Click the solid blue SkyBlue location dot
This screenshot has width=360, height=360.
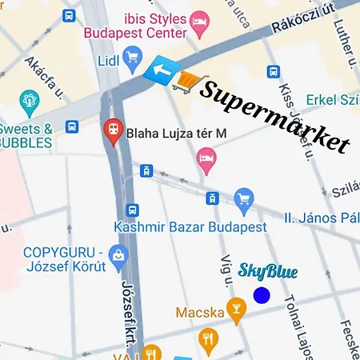point(262,295)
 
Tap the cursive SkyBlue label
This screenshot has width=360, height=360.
point(268,271)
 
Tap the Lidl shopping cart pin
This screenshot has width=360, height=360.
point(133,55)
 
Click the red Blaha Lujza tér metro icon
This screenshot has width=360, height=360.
point(114,128)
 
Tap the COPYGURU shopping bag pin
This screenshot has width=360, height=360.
point(121,254)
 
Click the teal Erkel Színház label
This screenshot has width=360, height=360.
point(332,101)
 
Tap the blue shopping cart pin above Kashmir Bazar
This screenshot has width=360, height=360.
point(244,197)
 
